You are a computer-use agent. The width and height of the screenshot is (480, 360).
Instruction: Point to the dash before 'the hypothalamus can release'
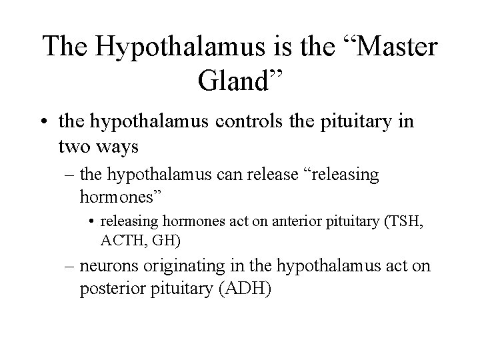click(x=70, y=175)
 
